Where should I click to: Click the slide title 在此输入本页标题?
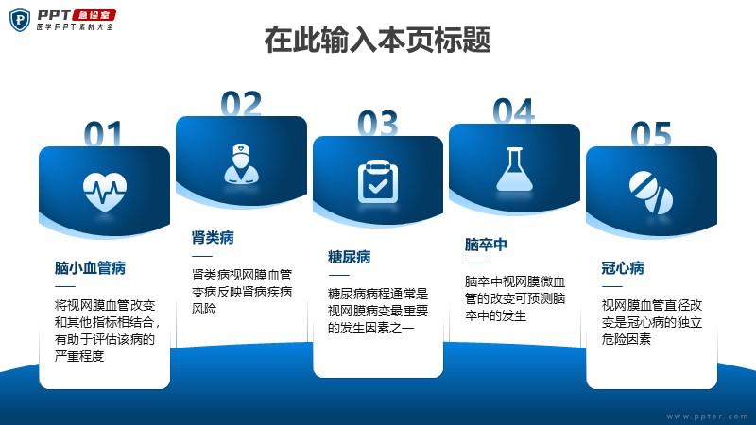[377, 40]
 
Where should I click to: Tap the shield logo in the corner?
[20, 20]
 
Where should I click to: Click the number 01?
[103, 133]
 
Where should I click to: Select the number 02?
[241, 104]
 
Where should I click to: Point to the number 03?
[377, 124]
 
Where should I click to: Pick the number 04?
[514, 111]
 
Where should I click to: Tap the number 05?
[651, 134]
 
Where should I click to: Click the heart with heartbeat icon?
[105, 193]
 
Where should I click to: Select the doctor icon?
[242, 164]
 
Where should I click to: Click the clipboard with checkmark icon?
[378, 181]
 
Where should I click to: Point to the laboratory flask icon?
[514, 169]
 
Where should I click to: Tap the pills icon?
[651, 193]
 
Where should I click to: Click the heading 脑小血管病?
[90, 268]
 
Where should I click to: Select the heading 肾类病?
[213, 238]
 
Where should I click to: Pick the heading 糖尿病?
[349, 257]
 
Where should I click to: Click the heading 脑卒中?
[486, 245]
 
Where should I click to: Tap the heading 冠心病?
[623, 268]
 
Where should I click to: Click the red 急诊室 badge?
[94, 15]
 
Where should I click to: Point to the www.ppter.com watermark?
[707, 416]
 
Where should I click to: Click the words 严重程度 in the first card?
[79, 356]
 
